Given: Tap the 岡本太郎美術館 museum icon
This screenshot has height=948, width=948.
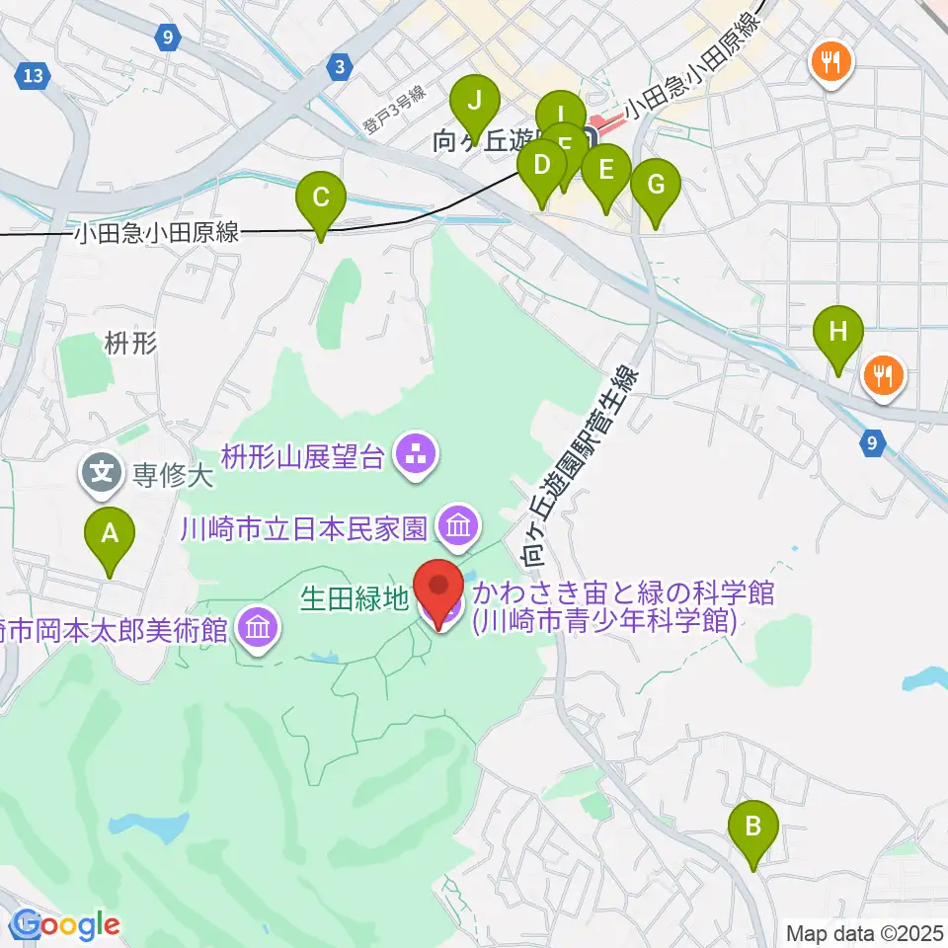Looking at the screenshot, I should click(258, 627).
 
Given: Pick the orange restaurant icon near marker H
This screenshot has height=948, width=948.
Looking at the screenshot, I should click(882, 375).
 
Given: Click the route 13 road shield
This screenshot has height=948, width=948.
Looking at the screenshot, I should click(33, 74).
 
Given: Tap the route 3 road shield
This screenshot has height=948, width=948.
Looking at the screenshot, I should click(340, 67).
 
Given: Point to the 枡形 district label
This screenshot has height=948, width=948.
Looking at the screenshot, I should click(130, 344).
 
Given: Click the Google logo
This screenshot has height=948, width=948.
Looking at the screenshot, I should click(64, 925).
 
